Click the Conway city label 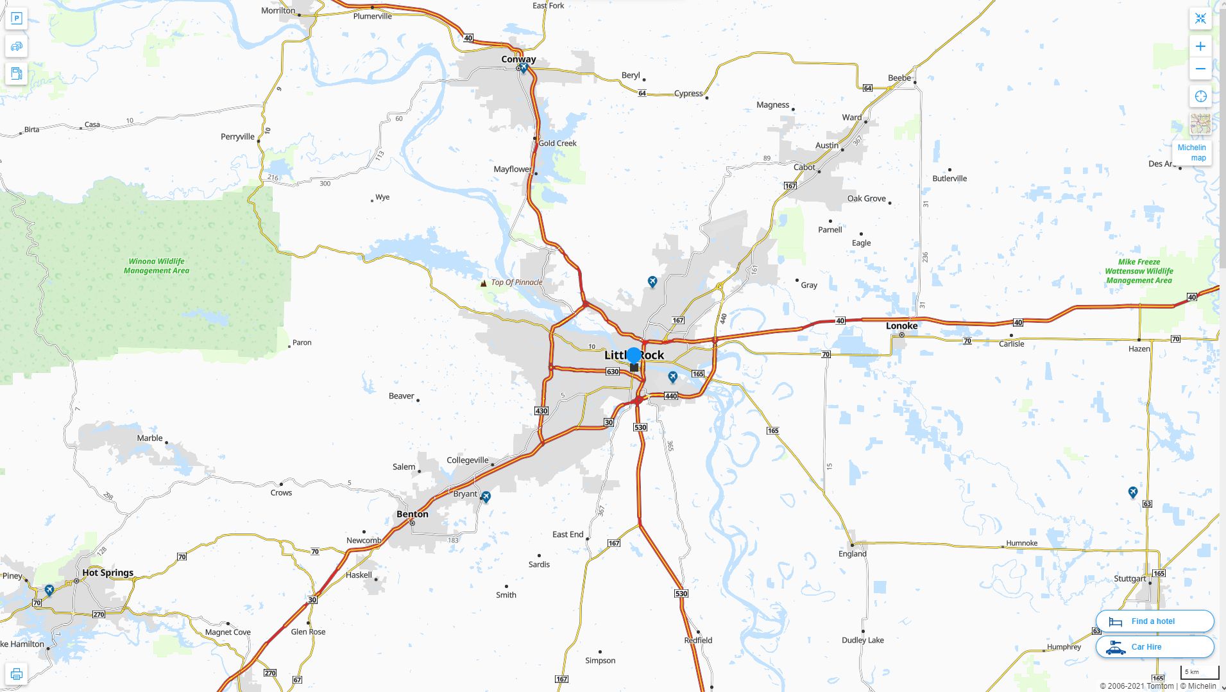(x=518, y=59)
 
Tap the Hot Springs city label (x=108, y=573)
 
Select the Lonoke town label (x=901, y=325)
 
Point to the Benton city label (x=412, y=514)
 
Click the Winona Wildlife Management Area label (x=157, y=266)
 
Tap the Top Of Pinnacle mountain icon (x=483, y=283)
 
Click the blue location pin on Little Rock (x=634, y=355)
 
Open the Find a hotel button (x=1154, y=621)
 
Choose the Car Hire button (x=1154, y=646)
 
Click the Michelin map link (x=1193, y=153)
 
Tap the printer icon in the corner (x=17, y=674)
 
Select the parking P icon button (x=17, y=19)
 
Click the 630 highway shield (x=613, y=372)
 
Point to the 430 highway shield (x=541, y=411)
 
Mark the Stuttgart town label (x=1129, y=578)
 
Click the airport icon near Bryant (x=486, y=497)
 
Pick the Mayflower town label (x=512, y=169)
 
